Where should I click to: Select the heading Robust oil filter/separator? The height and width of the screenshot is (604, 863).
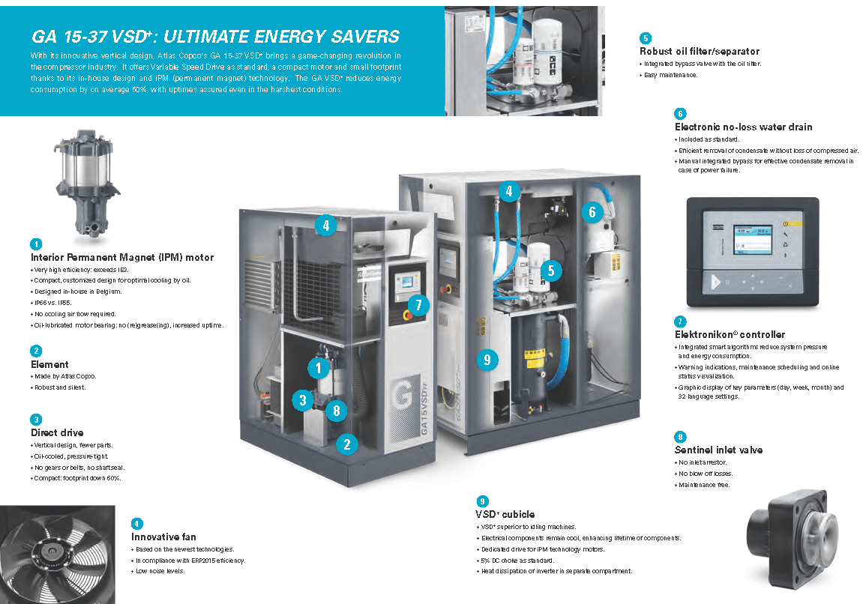tap(699, 51)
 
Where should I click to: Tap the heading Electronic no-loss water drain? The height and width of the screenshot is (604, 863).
tap(743, 127)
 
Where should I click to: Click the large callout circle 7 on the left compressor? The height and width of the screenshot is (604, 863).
tap(419, 305)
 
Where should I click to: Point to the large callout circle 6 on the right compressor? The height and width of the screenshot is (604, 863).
tap(592, 212)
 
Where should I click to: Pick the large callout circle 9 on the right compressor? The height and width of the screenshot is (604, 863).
tap(487, 360)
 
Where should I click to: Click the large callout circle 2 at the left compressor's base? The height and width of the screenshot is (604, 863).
tap(346, 444)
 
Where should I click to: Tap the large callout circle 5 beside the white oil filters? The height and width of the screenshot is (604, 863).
tap(551, 270)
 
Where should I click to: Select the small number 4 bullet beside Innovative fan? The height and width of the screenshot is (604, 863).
tap(137, 524)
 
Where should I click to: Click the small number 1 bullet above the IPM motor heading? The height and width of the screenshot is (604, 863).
tap(36, 244)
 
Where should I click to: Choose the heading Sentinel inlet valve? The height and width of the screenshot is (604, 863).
tap(718, 450)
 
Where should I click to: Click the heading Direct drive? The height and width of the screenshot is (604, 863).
tap(57, 433)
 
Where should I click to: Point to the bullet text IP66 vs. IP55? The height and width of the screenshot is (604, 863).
tap(52, 303)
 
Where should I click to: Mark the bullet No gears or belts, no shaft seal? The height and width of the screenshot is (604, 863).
tap(79, 468)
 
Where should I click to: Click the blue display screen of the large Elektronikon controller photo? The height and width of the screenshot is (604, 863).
tap(753, 239)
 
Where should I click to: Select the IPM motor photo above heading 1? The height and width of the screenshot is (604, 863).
tap(86, 183)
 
